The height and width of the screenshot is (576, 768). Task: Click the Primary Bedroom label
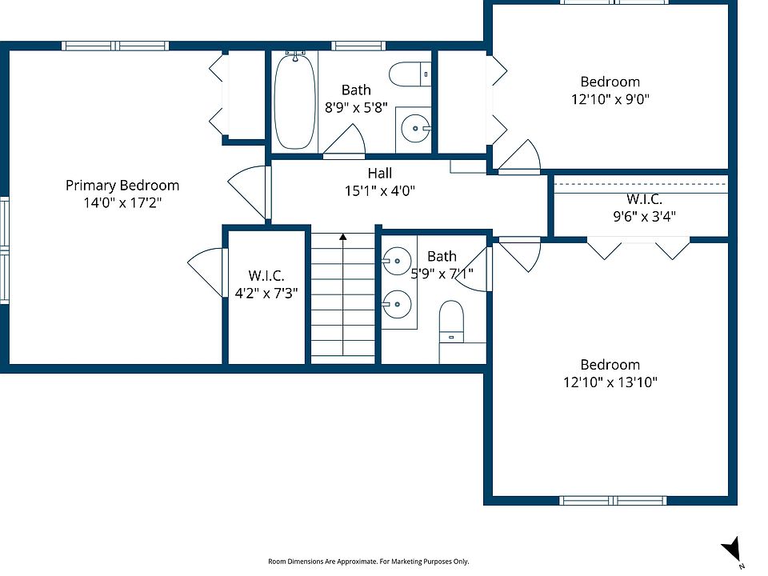[122, 185]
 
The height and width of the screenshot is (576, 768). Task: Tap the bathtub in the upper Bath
[294, 101]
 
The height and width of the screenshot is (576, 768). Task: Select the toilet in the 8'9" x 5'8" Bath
[410, 74]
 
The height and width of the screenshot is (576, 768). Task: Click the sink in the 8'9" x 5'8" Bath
[415, 128]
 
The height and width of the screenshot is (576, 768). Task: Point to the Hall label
[379, 173]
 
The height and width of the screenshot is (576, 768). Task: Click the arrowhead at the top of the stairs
[343, 237]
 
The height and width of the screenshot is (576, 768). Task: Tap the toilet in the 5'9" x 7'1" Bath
[451, 322]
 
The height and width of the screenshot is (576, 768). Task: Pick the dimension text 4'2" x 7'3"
[266, 293]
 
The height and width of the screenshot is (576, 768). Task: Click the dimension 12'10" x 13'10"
[610, 382]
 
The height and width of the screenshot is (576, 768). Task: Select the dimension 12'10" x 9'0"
[610, 99]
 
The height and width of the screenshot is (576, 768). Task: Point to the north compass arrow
[731, 549]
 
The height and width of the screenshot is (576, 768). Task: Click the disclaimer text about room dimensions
[368, 562]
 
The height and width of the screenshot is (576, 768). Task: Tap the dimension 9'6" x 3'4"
[645, 216]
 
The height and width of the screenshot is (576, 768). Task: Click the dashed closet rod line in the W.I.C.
[641, 184]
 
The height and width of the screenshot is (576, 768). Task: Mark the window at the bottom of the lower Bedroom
[613, 501]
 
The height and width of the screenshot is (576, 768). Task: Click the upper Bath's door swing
[344, 141]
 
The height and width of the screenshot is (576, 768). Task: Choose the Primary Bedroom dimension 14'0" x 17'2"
[122, 202]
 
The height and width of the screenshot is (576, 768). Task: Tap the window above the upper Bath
[358, 46]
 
